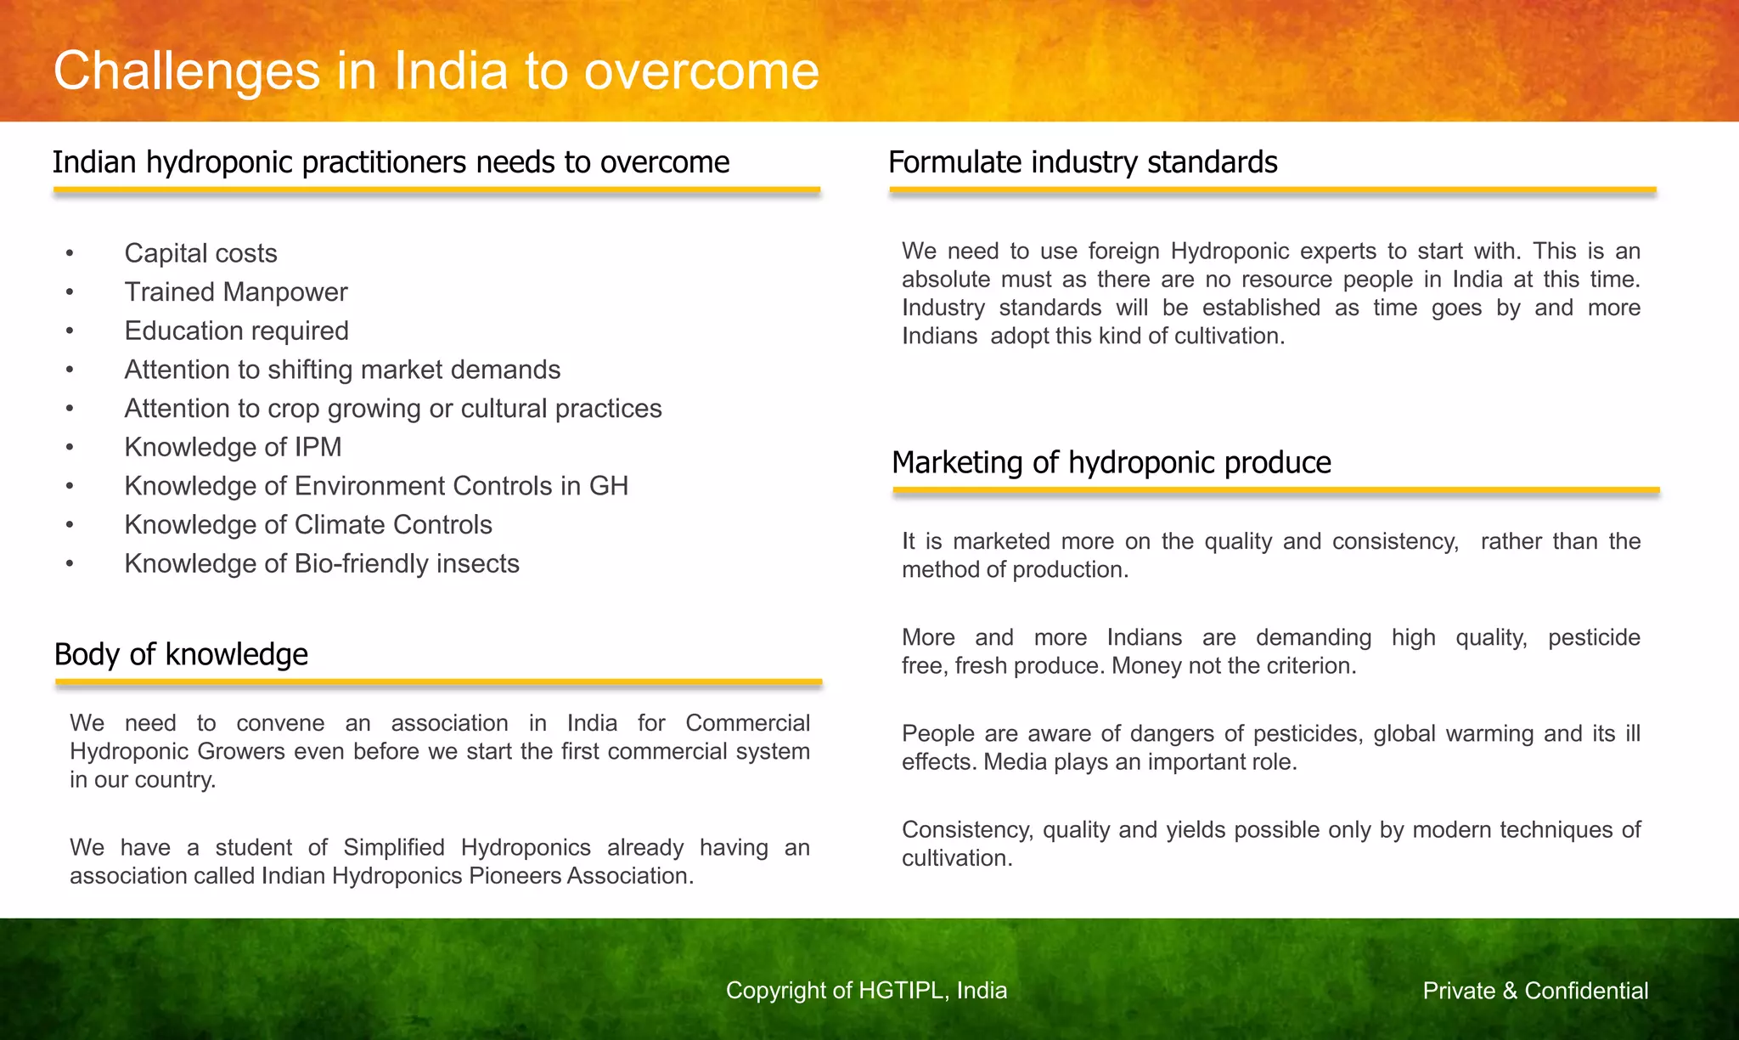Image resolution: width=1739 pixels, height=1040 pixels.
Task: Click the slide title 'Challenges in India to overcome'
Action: tap(436, 70)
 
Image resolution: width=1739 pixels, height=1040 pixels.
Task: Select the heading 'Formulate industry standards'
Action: tap(1083, 162)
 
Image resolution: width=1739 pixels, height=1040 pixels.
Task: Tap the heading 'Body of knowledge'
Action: tap(181, 654)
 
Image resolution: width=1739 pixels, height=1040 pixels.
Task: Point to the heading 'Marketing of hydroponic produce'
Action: tap(1111, 462)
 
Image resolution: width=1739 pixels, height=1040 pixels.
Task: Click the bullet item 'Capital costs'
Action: tap(200, 253)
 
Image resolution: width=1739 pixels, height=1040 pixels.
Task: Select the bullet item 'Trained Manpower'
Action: tap(236, 292)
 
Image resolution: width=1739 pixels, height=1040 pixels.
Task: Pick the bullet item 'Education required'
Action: tap(236, 331)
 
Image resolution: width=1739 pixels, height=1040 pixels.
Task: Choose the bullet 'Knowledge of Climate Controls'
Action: tap(308, 525)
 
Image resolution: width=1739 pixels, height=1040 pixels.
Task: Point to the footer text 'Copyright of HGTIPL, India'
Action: tap(866, 991)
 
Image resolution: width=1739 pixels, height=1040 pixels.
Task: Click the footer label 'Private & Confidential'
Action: tap(1535, 991)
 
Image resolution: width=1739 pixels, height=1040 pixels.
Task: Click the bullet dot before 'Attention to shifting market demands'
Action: tap(70, 370)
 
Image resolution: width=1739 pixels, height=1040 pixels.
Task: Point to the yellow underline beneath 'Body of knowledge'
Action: tap(438, 681)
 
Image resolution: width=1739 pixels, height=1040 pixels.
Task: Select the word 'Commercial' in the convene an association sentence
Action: tap(747, 723)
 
